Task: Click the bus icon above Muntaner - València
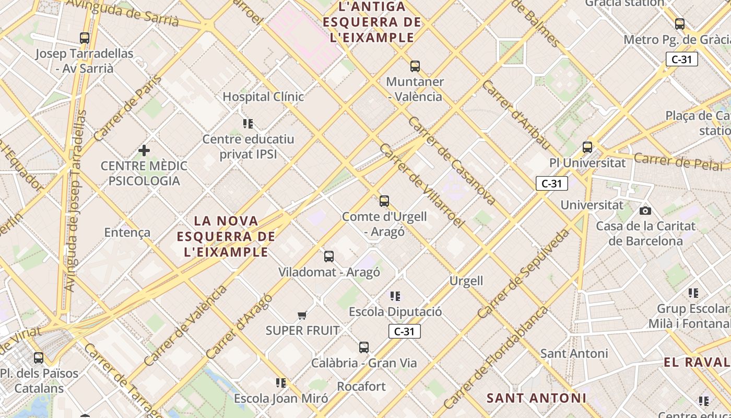(415, 66)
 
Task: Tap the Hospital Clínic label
(263, 97)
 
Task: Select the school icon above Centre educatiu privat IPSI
(248, 123)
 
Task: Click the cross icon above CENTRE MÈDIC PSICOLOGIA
(144, 150)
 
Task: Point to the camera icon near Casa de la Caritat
(645, 211)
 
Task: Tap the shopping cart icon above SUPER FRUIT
(302, 315)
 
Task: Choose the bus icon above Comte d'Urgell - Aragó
(384, 201)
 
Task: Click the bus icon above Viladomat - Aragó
(329, 257)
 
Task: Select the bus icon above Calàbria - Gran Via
(364, 347)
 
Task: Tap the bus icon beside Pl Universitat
(587, 147)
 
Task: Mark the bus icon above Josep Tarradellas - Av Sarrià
(85, 38)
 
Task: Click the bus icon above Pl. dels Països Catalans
(39, 358)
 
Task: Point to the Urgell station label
(466, 281)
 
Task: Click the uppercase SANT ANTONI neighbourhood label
(536, 398)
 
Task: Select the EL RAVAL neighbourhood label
(697, 362)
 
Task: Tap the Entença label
(127, 233)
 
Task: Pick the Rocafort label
(361, 387)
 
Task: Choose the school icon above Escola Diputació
(395, 296)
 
